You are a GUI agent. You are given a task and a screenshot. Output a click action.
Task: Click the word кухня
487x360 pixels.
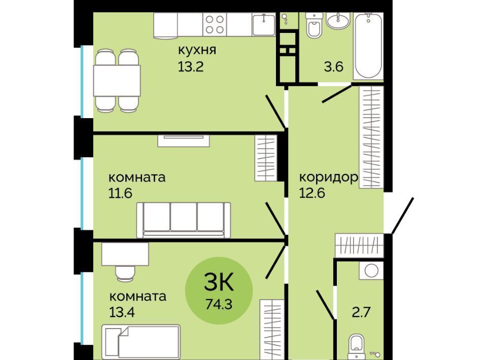[x=197, y=50]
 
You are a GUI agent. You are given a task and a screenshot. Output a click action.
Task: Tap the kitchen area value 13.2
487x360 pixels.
[x=190, y=66]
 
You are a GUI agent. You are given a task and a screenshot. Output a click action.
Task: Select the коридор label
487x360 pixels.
[x=329, y=178]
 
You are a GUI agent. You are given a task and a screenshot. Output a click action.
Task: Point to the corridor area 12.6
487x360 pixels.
[x=312, y=193]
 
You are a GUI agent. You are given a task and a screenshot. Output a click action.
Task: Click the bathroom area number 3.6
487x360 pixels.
[x=334, y=66]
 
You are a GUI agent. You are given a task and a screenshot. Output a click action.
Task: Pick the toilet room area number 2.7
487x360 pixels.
[x=361, y=312]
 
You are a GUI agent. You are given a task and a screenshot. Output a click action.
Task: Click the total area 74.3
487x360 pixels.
[x=219, y=304]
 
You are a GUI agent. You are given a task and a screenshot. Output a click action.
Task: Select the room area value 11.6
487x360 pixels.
[x=120, y=193]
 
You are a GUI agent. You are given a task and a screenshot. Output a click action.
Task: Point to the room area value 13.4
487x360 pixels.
[x=122, y=312]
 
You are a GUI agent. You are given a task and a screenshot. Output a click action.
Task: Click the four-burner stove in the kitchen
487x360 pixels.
[x=215, y=24]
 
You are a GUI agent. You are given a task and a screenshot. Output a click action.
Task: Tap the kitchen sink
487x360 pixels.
[x=264, y=24]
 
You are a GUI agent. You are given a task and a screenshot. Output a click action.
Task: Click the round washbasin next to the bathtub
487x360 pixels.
[x=338, y=21]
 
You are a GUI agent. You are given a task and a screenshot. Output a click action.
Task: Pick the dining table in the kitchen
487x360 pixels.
[x=117, y=81]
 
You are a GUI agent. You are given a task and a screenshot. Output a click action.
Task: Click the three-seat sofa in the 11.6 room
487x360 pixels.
[x=184, y=220]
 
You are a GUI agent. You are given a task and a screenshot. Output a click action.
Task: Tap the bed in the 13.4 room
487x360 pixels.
[x=142, y=341]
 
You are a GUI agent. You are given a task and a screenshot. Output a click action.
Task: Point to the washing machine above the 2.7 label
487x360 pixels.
[x=371, y=270]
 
